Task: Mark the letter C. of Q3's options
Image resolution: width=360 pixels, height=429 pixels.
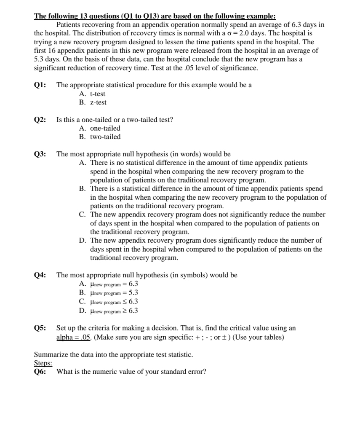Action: [83, 214]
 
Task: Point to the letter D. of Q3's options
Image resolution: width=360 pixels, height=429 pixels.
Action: [83, 240]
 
